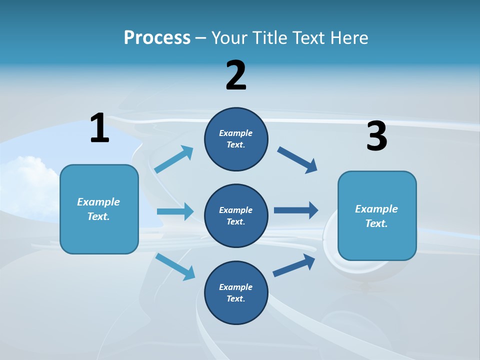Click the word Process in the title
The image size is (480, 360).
click(157, 38)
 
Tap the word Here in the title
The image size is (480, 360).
click(349, 38)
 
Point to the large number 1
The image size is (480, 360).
click(99, 128)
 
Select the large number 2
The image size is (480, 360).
click(236, 75)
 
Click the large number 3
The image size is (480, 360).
click(376, 136)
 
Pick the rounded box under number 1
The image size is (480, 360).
click(99, 209)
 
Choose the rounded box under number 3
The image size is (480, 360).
click(377, 216)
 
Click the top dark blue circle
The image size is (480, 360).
click(236, 139)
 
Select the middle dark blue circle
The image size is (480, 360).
click(236, 215)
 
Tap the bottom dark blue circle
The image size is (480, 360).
click(236, 292)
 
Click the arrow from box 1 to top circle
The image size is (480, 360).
click(174, 159)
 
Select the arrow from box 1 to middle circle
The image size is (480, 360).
click(175, 211)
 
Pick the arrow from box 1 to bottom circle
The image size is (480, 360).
click(175, 266)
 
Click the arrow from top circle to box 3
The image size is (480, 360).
click(297, 160)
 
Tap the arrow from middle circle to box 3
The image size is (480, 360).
click(296, 210)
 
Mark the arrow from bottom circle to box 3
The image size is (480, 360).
click(294, 265)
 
